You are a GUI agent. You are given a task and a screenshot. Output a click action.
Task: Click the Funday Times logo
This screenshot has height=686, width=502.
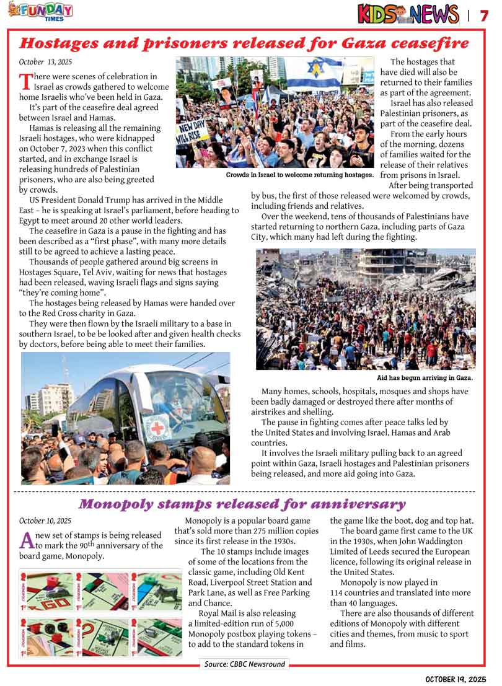[x=40, y=11]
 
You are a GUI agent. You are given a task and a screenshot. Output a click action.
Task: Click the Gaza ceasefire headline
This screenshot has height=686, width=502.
[x=244, y=43]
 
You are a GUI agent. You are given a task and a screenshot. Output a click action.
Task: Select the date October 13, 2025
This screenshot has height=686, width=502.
[x=45, y=62]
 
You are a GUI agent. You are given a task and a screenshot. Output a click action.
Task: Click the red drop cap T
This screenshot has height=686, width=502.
[x=25, y=81]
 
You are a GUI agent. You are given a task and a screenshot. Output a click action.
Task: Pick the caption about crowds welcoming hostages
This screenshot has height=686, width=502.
[x=300, y=175]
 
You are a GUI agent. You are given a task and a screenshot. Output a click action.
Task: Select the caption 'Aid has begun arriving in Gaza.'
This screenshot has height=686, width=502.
[x=425, y=377]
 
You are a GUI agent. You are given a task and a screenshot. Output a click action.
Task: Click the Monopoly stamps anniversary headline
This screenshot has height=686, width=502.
[x=242, y=504]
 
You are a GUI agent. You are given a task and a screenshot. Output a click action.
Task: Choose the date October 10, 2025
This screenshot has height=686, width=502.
[x=45, y=521]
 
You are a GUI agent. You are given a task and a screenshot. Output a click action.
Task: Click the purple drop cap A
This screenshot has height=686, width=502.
[x=26, y=540]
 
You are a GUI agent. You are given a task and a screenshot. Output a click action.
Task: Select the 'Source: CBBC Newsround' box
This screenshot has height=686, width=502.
[x=245, y=664]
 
